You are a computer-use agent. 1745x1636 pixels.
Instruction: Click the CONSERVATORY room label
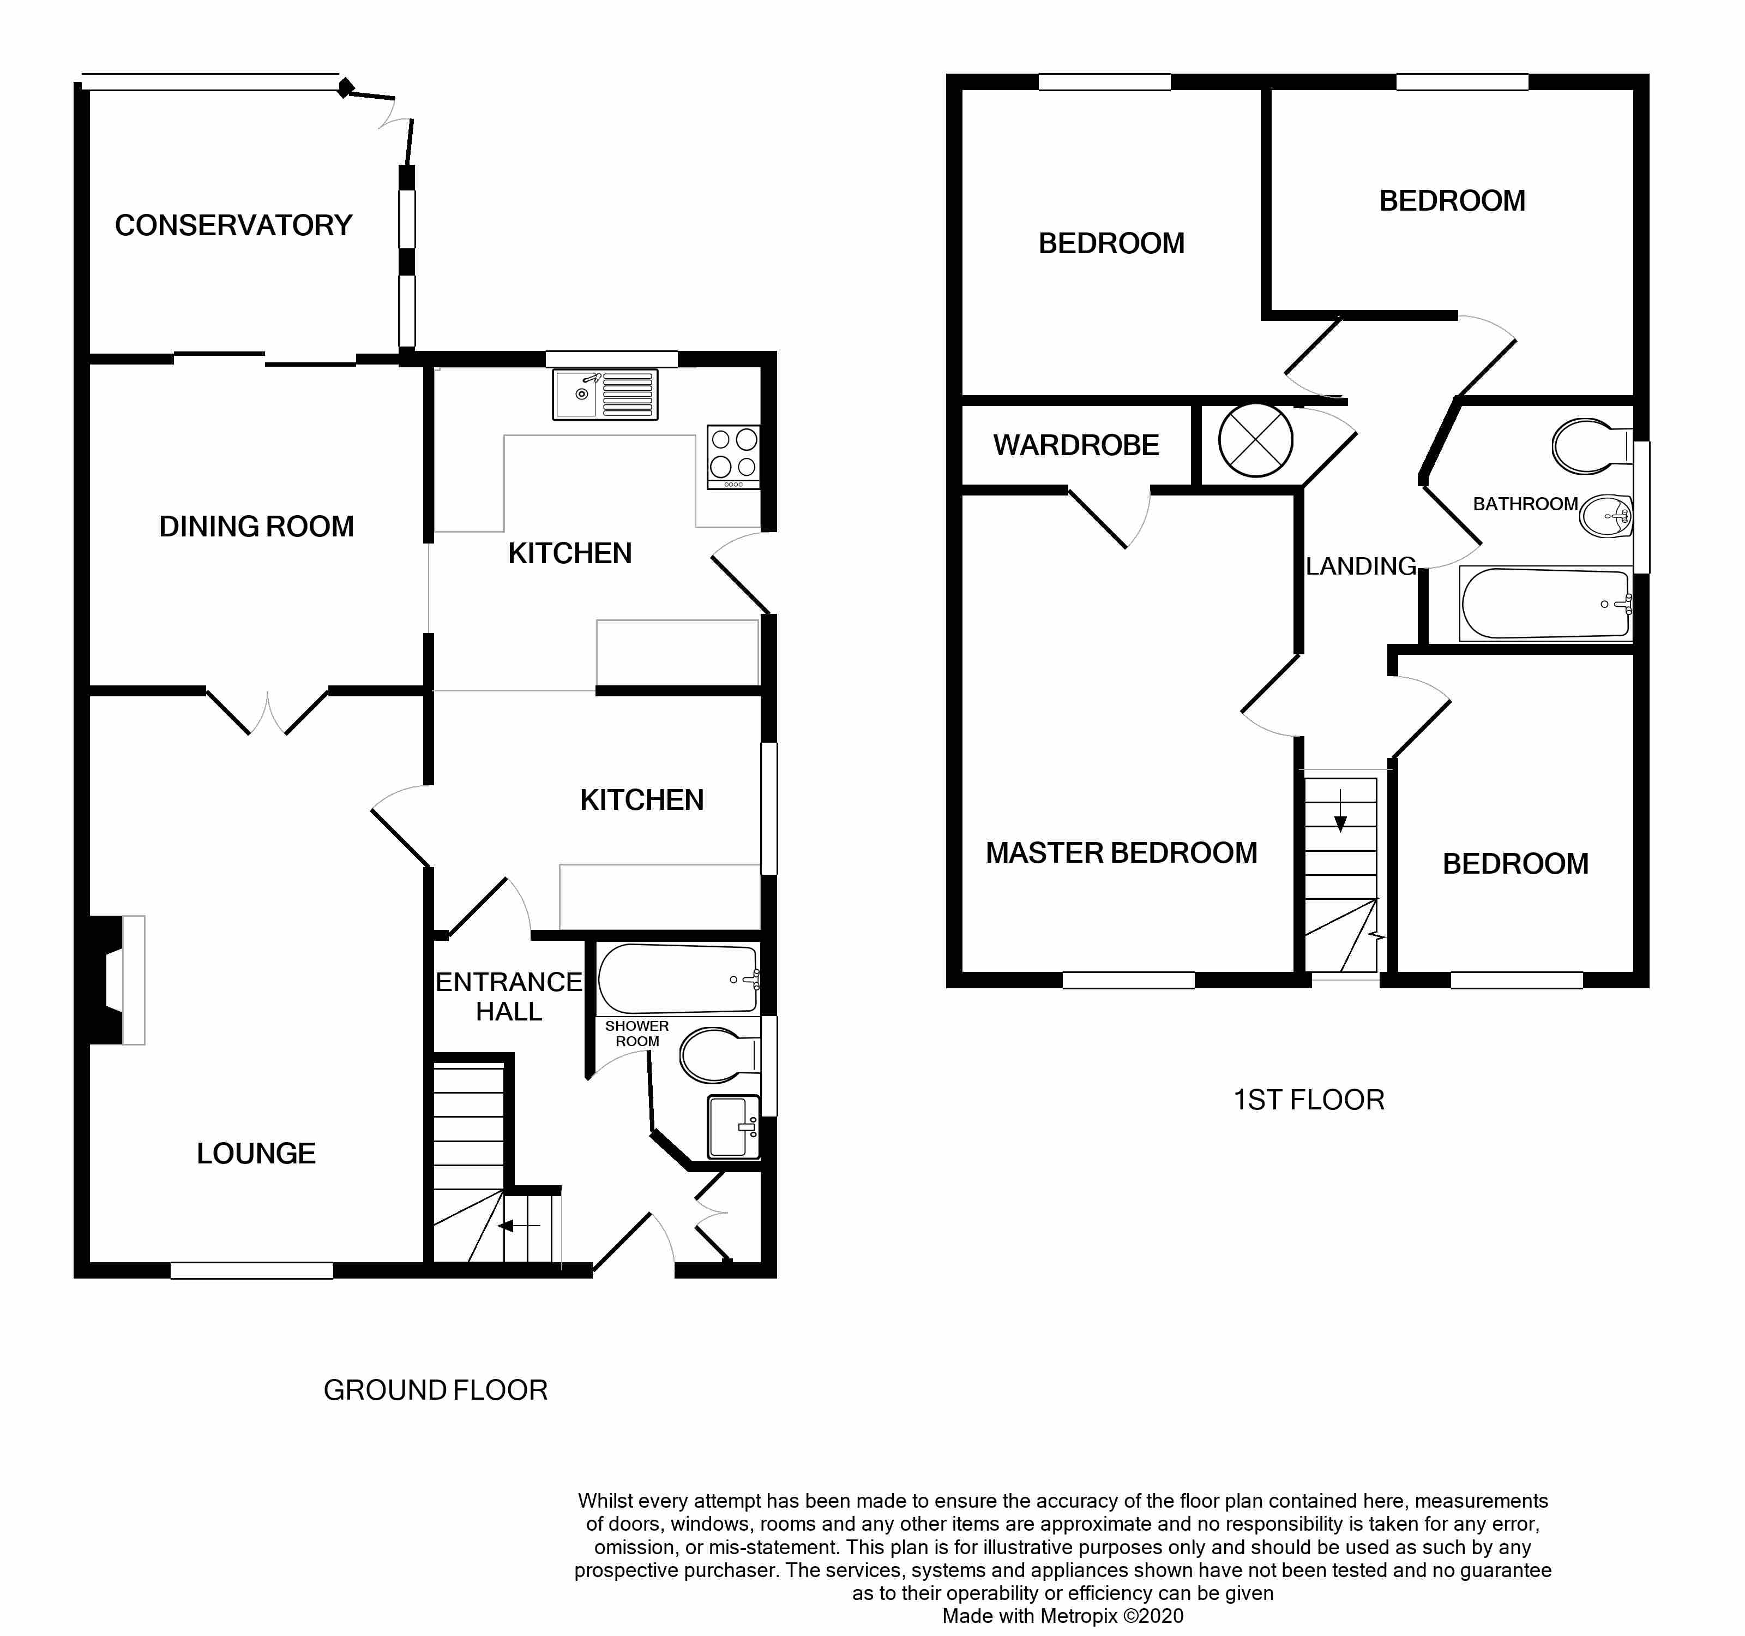pos(233,226)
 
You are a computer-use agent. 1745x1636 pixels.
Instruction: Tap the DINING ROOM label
pos(256,527)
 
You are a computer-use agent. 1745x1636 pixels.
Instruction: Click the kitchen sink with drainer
pos(605,395)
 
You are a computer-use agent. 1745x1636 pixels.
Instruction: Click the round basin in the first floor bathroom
pos(1605,516)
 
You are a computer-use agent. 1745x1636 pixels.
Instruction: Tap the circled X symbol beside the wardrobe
pos(1256,441)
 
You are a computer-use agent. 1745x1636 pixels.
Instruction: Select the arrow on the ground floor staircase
pos(518,1226)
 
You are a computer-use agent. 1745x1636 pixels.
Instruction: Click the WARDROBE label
pos(1076,446)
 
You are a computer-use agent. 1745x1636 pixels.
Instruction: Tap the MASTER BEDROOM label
pos(1122,853)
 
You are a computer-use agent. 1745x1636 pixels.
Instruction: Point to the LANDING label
pos(1361,566)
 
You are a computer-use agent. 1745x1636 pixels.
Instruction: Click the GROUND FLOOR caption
pos(435,1390)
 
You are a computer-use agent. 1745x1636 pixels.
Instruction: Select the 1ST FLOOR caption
pos(1309,1100)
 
